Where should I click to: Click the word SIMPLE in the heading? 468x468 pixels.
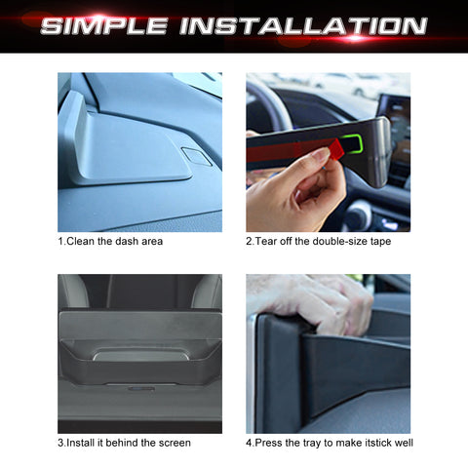103,25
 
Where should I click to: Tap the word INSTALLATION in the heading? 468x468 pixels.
302,25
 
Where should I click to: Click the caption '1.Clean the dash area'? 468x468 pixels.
109,241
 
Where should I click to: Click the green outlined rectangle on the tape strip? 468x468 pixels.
349,145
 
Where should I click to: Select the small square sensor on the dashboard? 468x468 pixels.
196,157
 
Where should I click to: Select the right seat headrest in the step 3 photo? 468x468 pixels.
206,291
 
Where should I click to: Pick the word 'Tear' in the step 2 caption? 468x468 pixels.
267,241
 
